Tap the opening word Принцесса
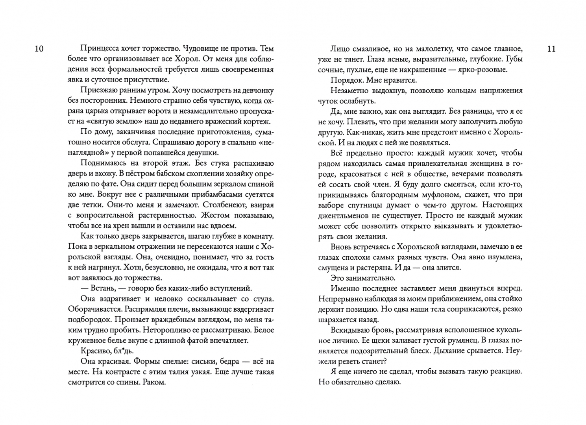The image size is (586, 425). point(100,49)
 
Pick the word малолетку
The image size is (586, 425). point(427,49)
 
